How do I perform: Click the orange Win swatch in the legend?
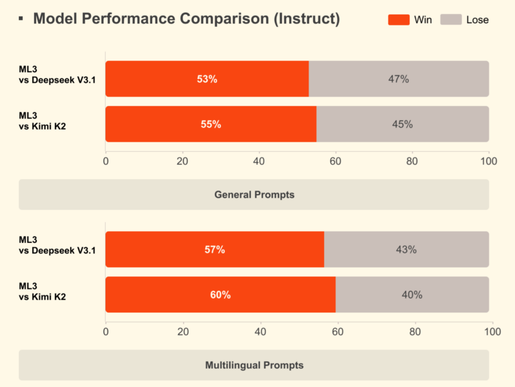tap(398, 20)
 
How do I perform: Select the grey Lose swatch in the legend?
tap(451, 20)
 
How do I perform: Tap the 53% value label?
tap(207, 79)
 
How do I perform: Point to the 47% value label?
tap(399, 79)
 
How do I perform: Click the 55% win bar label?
tap(211, 124)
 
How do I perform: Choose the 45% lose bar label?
tap(402, 124)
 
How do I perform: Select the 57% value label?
tap(215, 249)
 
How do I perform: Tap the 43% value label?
tap(406, 249)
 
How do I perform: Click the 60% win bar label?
tap(220, 295)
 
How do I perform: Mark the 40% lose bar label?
tap(412, 295)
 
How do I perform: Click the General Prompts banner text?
tap(254, 195)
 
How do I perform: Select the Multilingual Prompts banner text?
tap(254, 365)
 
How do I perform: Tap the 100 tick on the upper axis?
tap(489, 161)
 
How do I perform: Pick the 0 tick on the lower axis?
tap(106, 332)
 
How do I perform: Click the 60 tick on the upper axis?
tap(335, 161)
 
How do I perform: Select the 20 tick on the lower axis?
tap(183, 332)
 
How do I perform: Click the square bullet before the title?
tap(21, 19)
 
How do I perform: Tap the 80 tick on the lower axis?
tap(415, 332)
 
